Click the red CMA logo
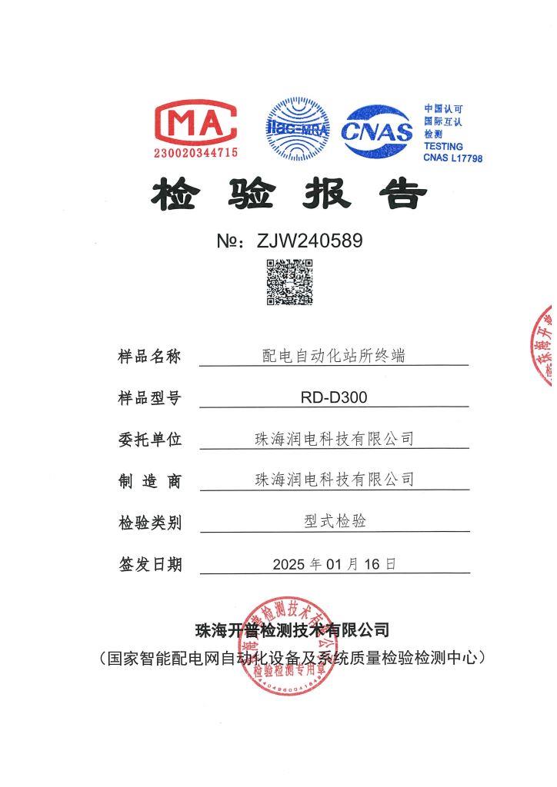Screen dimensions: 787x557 (x=196, y=123)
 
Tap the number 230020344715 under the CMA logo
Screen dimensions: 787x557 (x=196, y=153)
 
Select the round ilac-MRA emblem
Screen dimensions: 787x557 (x=297, y=128)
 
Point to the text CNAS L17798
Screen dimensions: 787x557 (x=453, y=158)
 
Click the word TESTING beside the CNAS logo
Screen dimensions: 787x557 (x=443, y=146)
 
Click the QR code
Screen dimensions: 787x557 (x=289, y=282)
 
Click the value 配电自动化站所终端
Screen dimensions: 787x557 (x=334, y=355)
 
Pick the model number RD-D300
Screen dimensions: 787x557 (x=334, y=397)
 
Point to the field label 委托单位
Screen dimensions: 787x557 (x=149, y=440)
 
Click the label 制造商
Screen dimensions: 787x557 (x=149, y=481)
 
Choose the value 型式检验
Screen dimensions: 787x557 (x=335, y=521)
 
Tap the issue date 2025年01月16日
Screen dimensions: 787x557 (x=334, y=564)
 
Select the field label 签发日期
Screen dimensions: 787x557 (x=149, y=564)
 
